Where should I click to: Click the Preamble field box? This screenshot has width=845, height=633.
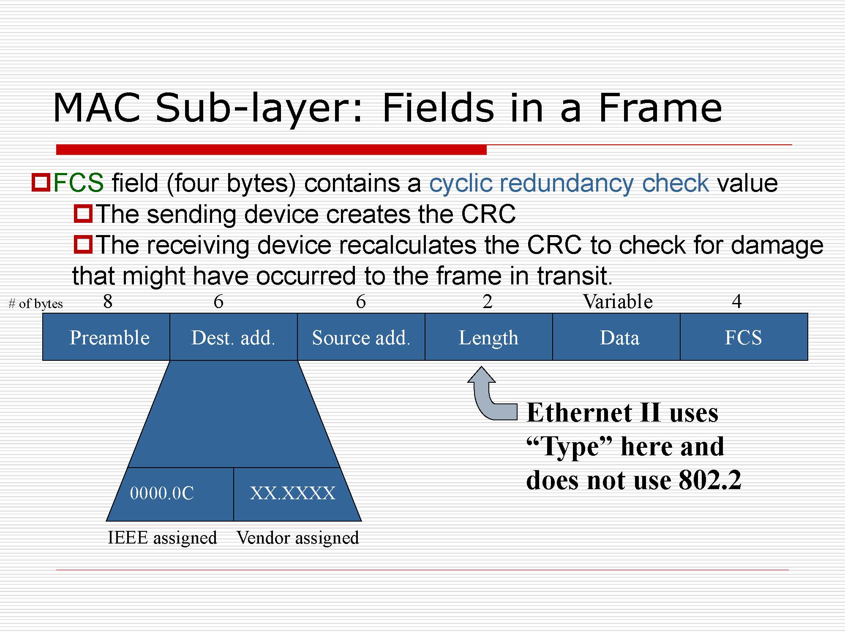(x=106, y=337)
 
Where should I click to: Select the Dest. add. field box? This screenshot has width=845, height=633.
(x=234, y=337)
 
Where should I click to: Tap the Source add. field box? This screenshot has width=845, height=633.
(x=361, y=337)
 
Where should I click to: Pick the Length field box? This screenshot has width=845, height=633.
(x=489, y=337)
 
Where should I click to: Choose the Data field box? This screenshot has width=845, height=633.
(x=616, y=337)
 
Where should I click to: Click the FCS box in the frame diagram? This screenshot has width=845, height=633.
(x=744, y=337)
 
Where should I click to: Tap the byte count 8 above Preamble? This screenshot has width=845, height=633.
(x=108, y=301)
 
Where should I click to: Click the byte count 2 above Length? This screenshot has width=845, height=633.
(x=488, y=301)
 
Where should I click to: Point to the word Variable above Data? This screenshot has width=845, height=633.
(x=618, y=301)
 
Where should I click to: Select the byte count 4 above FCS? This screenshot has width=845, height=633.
(x=737, y=301)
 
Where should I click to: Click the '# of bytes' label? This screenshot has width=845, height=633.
(x=35, y=304)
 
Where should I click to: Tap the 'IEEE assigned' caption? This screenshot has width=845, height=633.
(x=162, y=538)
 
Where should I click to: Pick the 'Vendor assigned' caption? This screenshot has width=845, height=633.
(x=298, y=538)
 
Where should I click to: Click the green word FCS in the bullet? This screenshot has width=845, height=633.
(x=79, y=183)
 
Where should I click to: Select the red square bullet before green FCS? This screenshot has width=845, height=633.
(x=41, y=182)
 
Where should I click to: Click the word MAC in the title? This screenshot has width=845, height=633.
(x=97, y=108)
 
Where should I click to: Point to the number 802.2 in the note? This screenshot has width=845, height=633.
(x=710, y=480)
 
